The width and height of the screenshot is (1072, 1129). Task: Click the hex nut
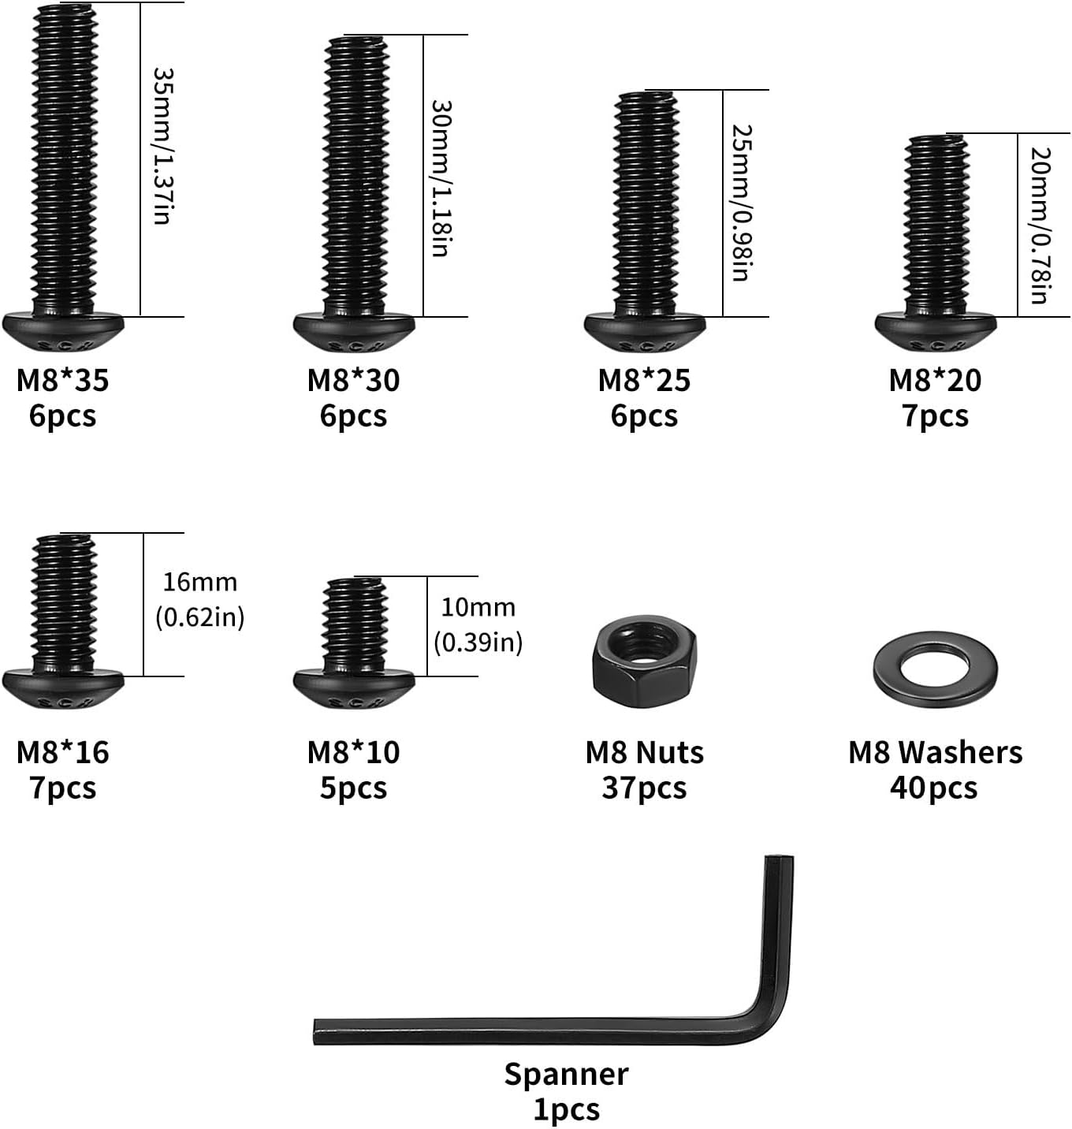click(644, 661)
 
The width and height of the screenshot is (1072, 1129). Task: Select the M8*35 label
click(62, 380)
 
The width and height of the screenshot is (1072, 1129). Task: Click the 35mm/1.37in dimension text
click(164, 146)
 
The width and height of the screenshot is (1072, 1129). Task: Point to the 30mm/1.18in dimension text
click(442, 178)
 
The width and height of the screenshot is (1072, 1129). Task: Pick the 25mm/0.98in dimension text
click(742, 203)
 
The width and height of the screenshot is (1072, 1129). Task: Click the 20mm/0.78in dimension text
click(1040, 225)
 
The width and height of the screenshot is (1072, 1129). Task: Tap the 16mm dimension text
click(199, 583)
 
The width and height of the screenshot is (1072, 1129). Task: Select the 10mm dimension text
click(478, 608)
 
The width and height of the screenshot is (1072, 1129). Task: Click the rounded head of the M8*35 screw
click(63, 331)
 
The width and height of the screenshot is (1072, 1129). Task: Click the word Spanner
click(566, 1074)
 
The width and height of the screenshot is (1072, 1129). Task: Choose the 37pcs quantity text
click(644, 788)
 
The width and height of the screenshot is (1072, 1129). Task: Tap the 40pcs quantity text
click(933, 788)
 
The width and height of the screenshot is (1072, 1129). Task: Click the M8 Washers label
click(936, 752)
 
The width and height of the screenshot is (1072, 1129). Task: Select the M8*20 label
click(936, 380)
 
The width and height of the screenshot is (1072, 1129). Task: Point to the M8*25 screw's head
click(645, 331)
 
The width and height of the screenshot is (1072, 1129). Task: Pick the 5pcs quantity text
click(353, 788)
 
